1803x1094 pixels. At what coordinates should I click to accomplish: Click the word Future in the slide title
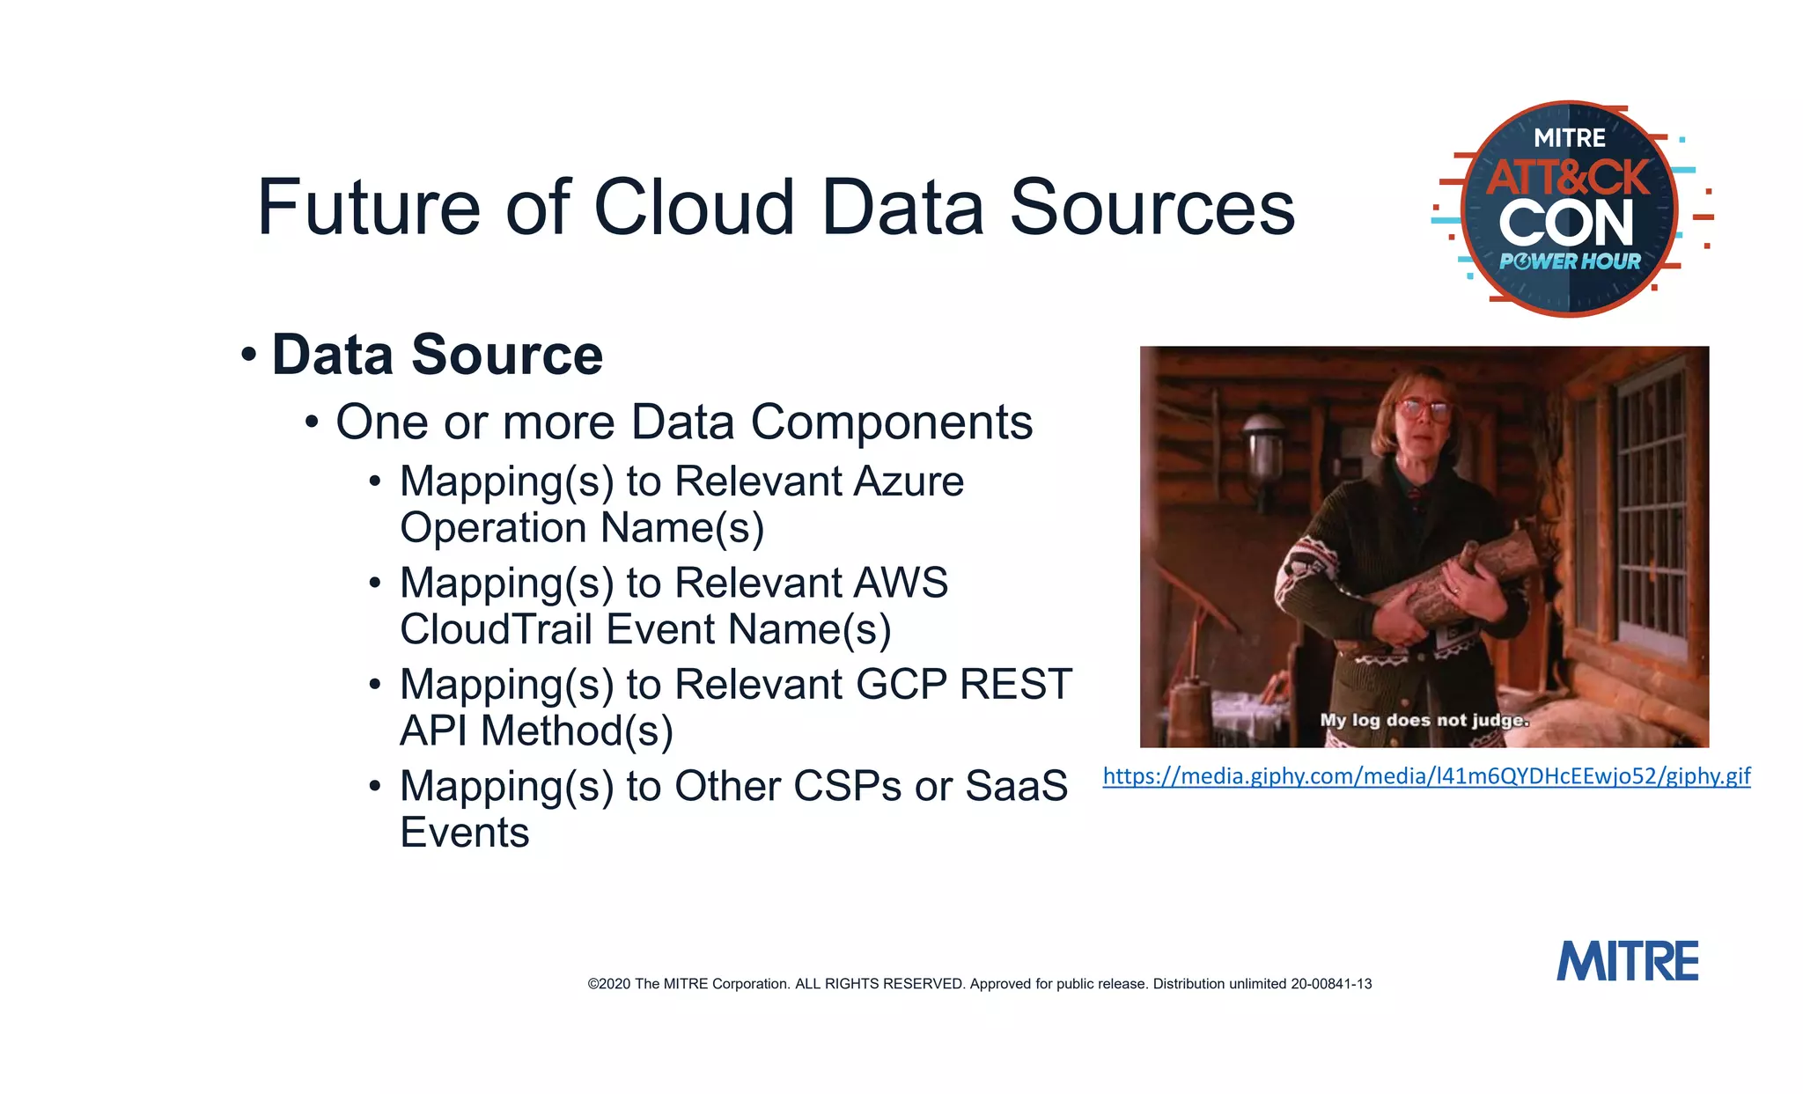[368, 208]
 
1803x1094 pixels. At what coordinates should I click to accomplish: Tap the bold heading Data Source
[437, 355]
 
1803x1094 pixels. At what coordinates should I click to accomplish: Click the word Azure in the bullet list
[909, 481]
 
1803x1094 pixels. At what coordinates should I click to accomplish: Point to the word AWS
[900, 583]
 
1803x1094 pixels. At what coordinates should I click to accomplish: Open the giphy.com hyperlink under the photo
[1426, 776]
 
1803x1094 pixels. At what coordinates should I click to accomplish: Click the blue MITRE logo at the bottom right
[1627, 961]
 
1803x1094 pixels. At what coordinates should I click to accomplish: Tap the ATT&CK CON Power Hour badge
[1571, 209]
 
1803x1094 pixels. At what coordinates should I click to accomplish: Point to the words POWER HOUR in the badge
[1571, 261]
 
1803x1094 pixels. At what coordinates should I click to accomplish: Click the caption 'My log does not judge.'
[1424, 720]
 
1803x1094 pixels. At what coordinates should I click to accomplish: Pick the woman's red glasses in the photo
[1423, 408]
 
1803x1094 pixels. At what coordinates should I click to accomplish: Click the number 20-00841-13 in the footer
[1331, 984]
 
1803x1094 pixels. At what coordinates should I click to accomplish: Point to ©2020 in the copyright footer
[609, 984]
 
